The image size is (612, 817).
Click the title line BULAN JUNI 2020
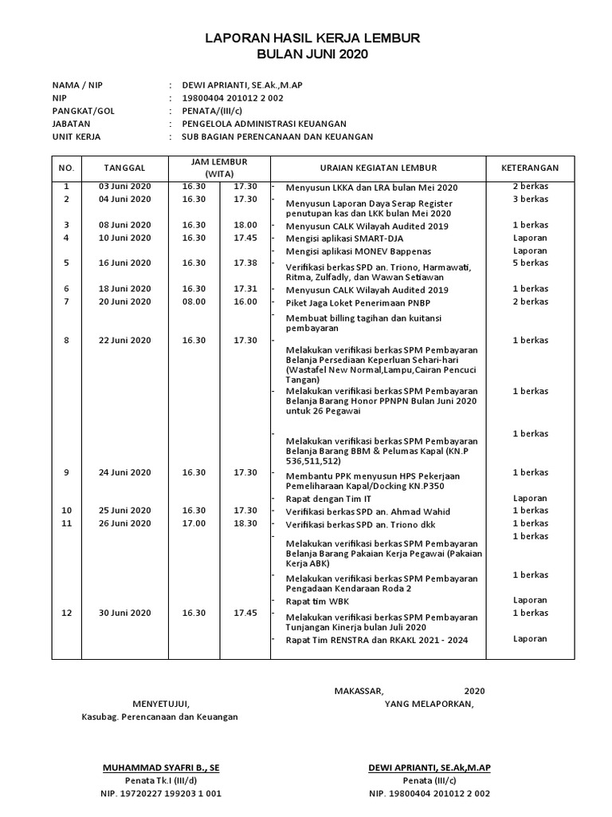[x=313, y=54]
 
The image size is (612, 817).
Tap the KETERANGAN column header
[x=530, y=168]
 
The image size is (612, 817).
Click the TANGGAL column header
[x=124, y=168]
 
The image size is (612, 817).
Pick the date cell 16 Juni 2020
[x=124, y=262]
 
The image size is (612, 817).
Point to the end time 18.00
[x=245, y=225]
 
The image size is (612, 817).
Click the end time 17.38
[x=245, y=262]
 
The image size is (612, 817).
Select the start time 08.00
[x=194, y=302]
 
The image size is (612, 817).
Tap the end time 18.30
[x=245, y=523]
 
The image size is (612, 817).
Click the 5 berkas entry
[x=530, y=262]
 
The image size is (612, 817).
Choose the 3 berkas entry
[x=530, y=199]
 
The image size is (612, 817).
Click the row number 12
[x=67, y=613]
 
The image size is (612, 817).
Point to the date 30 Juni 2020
[x=124, y=613]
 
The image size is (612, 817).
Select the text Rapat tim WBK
[x=317, y=601]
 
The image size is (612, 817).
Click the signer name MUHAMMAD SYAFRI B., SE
[x=162, y=768]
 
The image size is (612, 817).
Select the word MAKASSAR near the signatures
[x=359, y=691]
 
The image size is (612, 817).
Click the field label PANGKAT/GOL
[x=83, y=111]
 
